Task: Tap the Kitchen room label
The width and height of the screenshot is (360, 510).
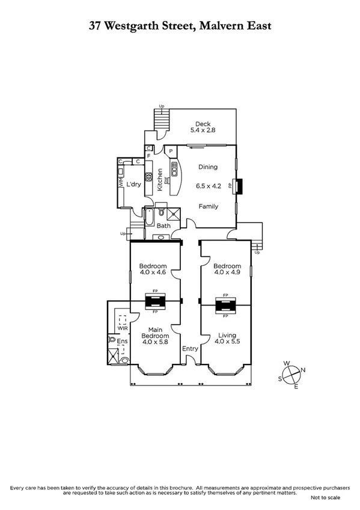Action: [160, 180]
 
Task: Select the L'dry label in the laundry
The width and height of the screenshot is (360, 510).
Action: [133, 184]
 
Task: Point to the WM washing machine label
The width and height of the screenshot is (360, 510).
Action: [121, 184]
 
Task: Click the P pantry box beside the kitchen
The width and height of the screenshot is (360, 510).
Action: [171, 151]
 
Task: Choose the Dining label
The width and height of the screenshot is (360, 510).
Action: [208, 167]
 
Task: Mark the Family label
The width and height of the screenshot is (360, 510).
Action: [209, 206]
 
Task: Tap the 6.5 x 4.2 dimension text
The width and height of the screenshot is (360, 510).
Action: [209, 186]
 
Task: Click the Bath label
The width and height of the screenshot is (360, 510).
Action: [163, 226]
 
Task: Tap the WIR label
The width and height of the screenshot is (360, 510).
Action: [123, 328]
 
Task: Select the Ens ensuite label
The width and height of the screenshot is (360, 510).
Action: [122, 341]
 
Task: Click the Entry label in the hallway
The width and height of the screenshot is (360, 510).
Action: [190, 349]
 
